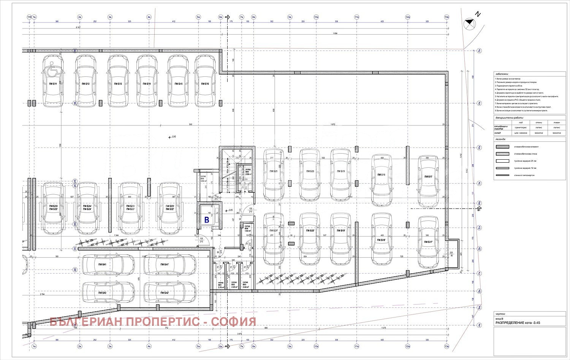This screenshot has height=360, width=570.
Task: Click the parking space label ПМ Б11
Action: click(53, 84)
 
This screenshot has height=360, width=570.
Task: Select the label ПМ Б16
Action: click(205, 84)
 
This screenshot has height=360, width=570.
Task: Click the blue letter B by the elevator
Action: click(207, 220)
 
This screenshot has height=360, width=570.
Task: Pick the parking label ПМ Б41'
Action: click(165, 265)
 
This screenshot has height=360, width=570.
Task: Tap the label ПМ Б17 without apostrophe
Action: click(428, 177)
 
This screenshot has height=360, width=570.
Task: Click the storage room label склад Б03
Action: click(245, 284)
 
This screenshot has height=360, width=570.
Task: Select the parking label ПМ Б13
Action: click(118, 84)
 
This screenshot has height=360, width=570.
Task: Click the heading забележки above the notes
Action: click(502, 75)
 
